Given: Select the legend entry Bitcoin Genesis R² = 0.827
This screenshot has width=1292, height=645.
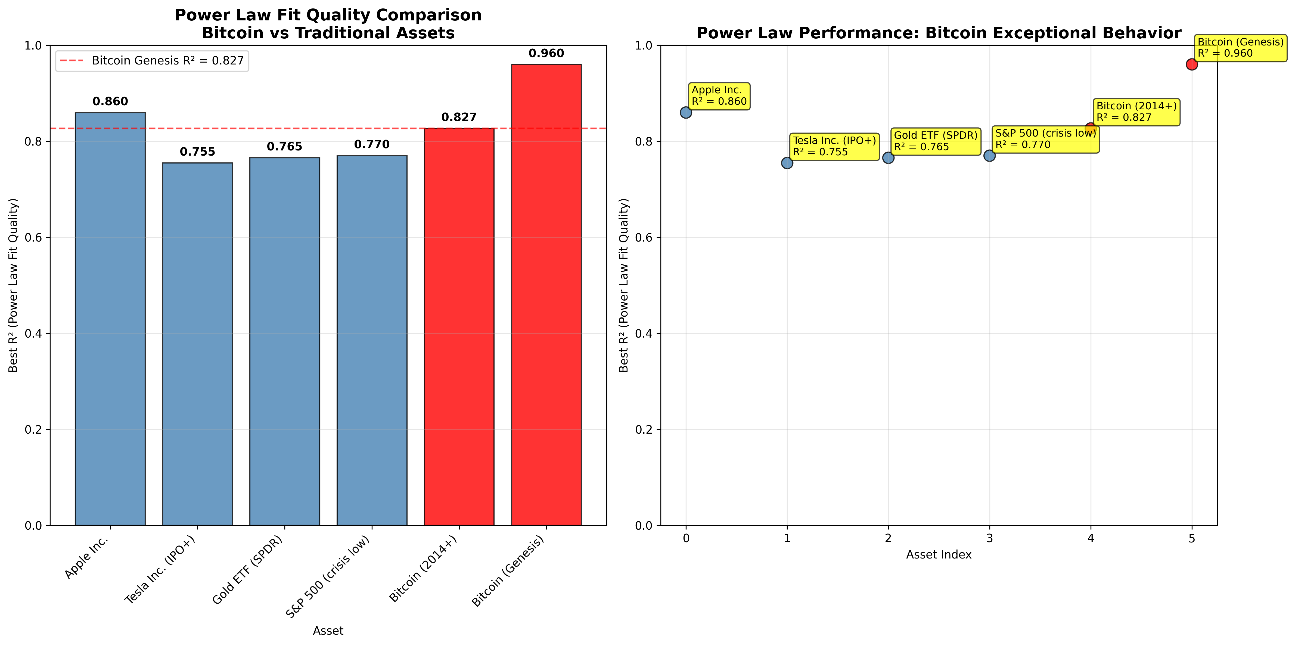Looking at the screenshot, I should [x=152, y=61].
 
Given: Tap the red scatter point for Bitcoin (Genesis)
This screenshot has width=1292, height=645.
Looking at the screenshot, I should [x=1192, y=64].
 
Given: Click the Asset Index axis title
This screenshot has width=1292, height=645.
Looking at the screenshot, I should [x=938, y=555].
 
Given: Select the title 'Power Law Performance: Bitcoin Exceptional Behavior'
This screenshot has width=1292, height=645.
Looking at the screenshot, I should [x=938, y=33].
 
